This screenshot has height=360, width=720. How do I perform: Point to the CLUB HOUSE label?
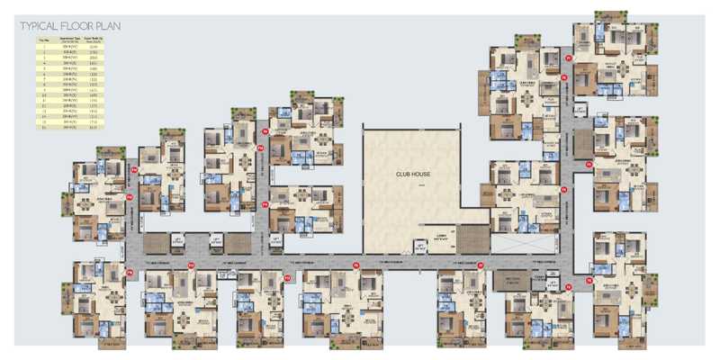tap(410, 175)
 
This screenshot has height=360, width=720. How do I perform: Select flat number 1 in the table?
tap(40, 47)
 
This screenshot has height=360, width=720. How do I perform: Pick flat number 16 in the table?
tap(40, 128)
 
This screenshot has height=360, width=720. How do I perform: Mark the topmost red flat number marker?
tap(568, 58)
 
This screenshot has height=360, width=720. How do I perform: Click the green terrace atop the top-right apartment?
tap(612, 15)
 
